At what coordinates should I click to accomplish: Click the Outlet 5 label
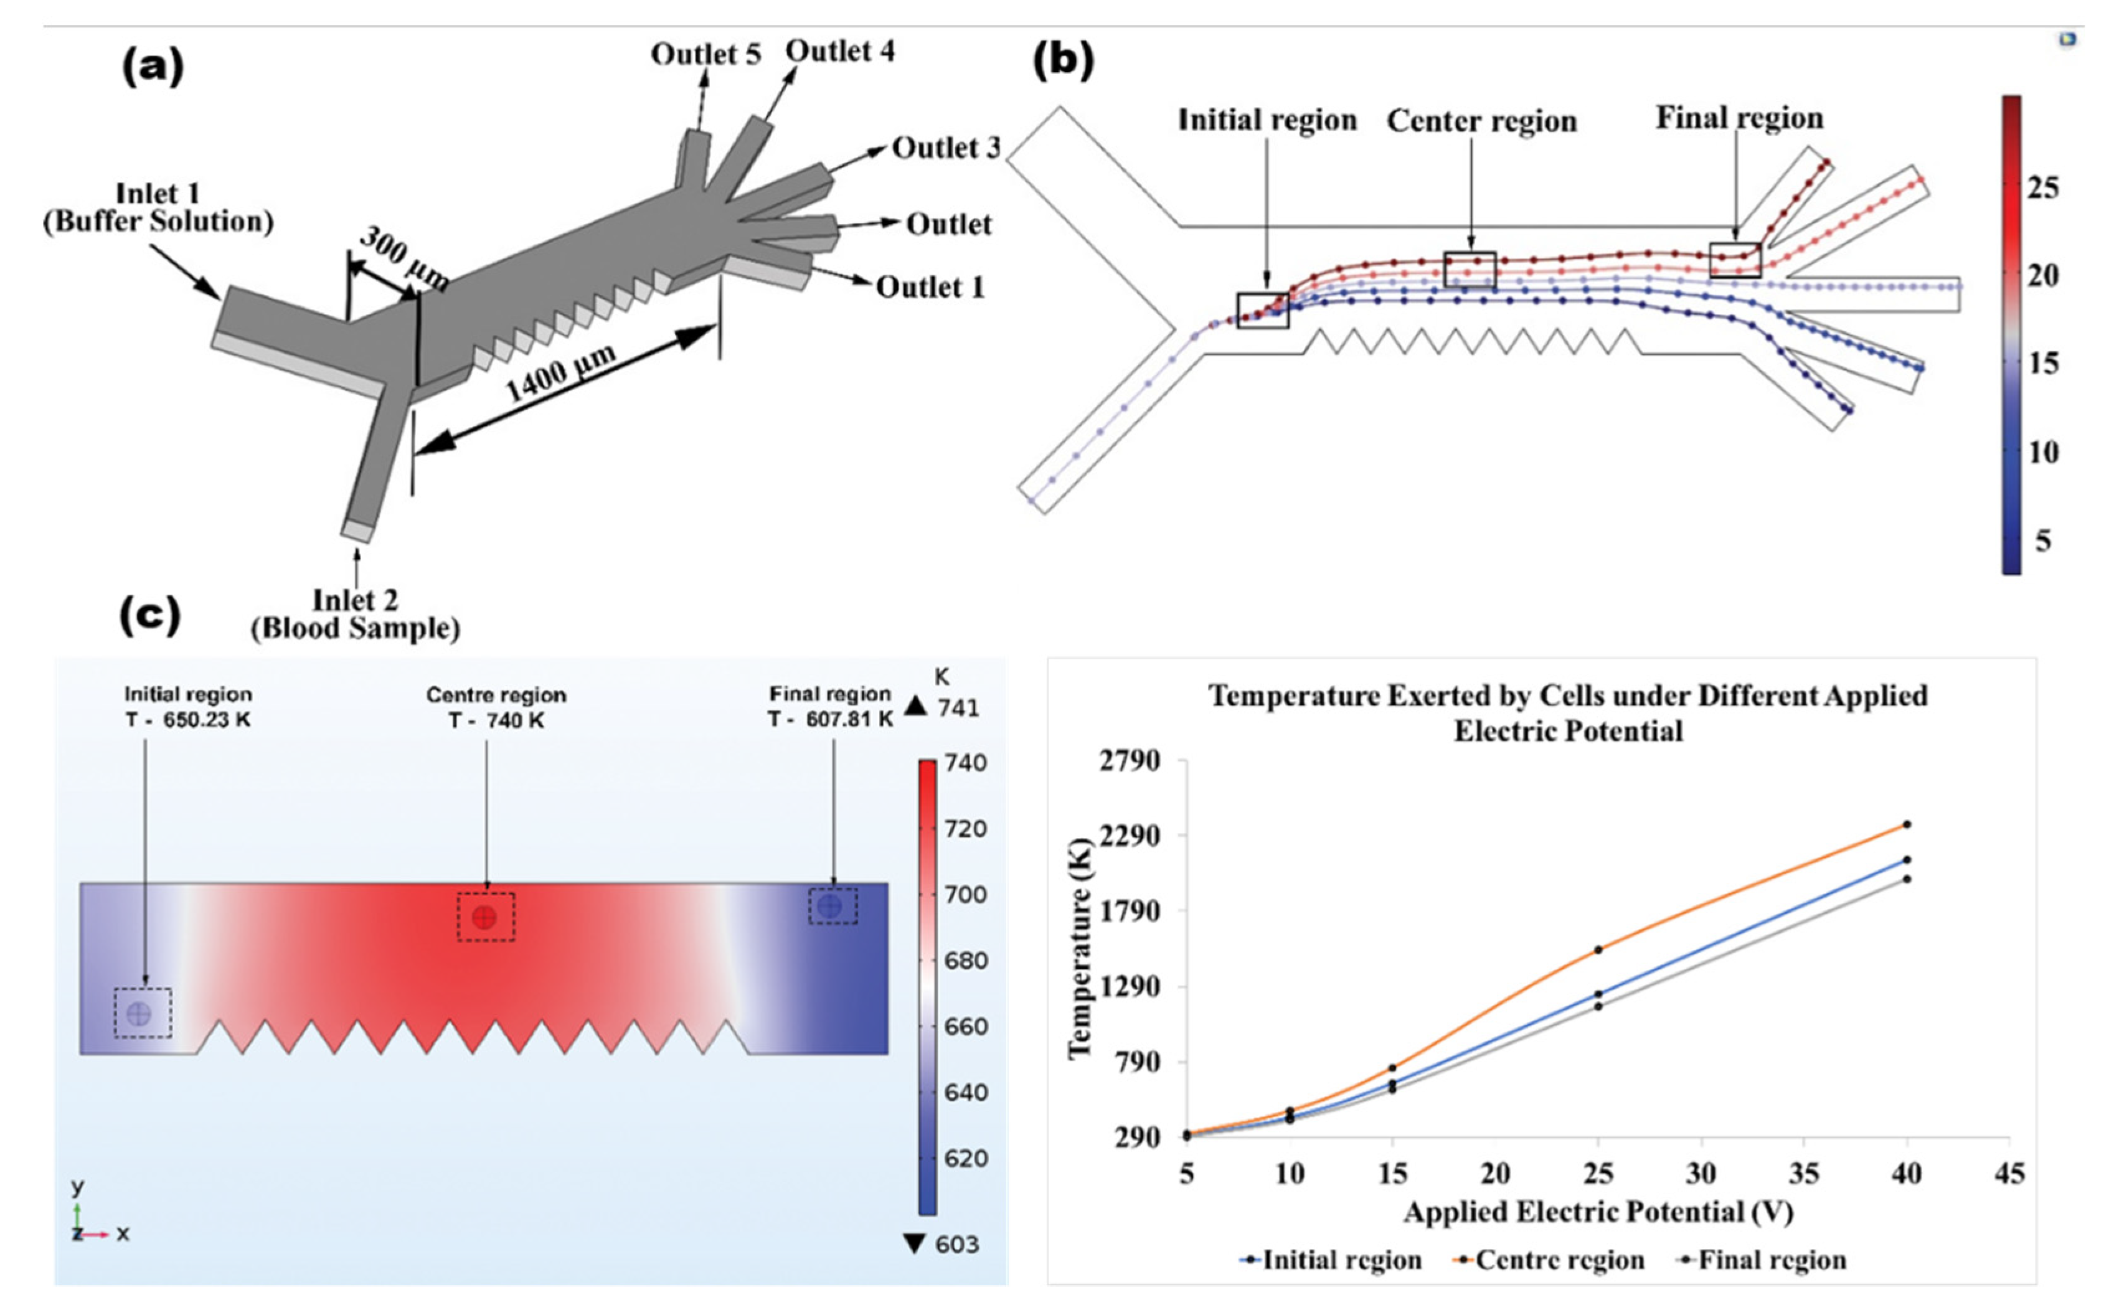pos(705,54)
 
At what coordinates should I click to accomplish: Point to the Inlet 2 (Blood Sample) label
pos(355,614)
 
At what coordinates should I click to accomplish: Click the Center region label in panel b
pos(1481,121)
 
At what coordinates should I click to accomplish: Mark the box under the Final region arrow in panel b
pos(1735,260)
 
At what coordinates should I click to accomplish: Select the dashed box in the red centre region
pos(485,917)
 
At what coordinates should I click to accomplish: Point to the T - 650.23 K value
pos(188,720)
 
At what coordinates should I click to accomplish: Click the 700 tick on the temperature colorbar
pos(965,894)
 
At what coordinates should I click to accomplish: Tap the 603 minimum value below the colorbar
pos(956,1245)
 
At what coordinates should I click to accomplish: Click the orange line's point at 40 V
pos(1907,824)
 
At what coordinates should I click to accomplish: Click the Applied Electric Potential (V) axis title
pos(1598,1212)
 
